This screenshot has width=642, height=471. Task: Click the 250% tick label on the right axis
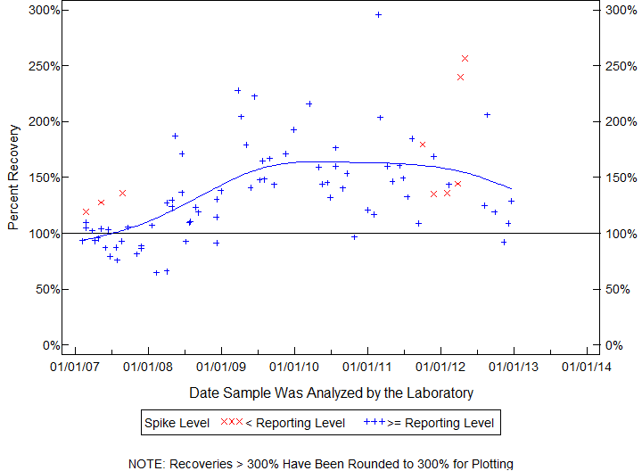616,66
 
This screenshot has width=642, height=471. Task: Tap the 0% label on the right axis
612,345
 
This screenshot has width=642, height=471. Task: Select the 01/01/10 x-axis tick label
294,366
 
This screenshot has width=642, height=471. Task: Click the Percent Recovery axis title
13,178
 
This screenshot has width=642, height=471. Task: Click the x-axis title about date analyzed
331,392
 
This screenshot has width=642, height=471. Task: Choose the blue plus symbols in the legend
374,422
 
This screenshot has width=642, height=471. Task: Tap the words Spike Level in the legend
177,422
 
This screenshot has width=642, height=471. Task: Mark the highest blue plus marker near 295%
378,14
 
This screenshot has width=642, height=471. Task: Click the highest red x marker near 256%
465,58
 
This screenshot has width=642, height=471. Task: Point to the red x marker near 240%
460,77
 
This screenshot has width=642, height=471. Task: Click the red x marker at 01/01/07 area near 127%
101,202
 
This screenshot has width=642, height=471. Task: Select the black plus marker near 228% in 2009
237,90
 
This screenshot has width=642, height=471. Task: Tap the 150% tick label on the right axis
616,178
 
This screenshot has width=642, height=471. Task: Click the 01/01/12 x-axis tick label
440,366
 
